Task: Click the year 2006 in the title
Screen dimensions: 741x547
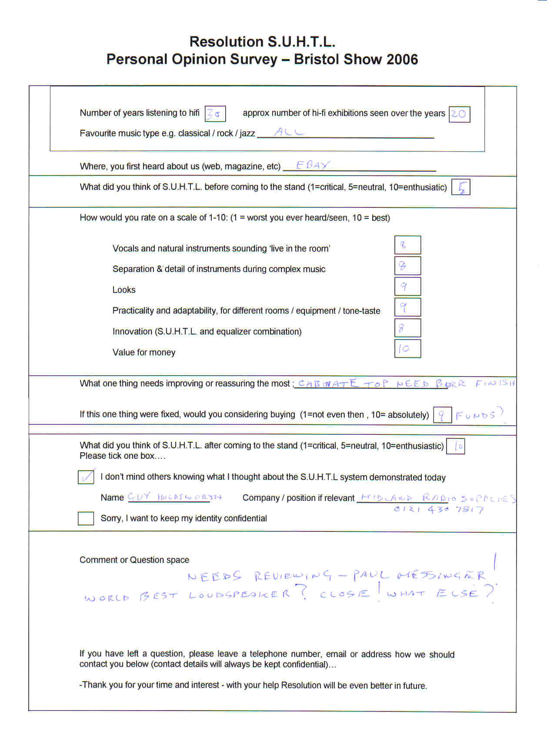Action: (399, 59)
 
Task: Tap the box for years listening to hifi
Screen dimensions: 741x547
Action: (215, 114)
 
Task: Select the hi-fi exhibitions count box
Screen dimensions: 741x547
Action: (459, 114)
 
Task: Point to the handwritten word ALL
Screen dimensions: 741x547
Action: (288, 132)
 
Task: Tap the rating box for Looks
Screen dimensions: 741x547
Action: (407, 286)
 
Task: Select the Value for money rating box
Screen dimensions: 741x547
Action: (407, 348)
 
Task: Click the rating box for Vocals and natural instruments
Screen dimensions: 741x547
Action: (407, 245)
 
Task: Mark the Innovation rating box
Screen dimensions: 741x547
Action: (407, 328)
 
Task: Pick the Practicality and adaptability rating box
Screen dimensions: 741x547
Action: (407, 307)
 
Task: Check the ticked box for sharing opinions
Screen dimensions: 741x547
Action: (86, 477)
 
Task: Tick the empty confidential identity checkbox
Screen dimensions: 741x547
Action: (86, 518)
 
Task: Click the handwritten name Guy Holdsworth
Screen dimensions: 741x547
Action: (174, 497)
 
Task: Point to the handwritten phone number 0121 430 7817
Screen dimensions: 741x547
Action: (438, 509)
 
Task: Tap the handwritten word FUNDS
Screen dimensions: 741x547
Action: (476, 415)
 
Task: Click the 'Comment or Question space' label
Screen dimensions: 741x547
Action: (134, 560)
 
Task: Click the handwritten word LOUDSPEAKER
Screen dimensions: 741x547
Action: (239, 595)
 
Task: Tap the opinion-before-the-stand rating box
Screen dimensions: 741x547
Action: (461, 187)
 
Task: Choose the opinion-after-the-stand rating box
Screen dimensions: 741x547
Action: (456, 446)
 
